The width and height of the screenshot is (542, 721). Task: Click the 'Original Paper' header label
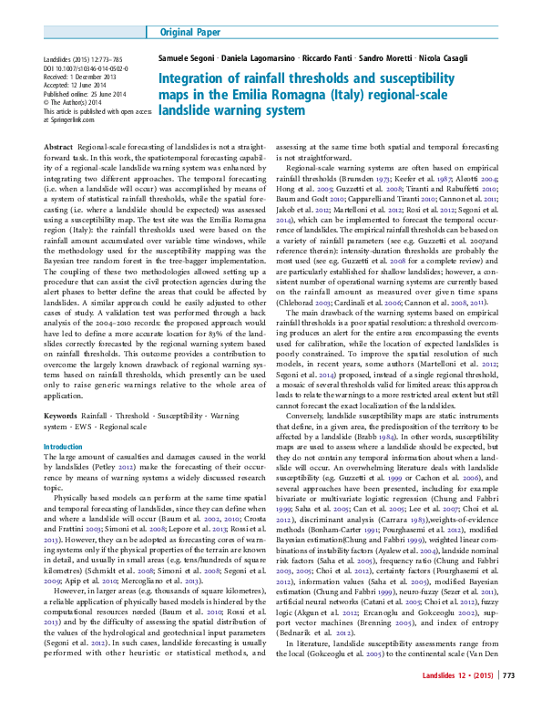pyautogui.click(x=189, y=32)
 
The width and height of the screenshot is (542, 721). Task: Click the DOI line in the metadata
pyautogui.click(x=88, y=68)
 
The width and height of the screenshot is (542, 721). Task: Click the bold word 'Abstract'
pyautogui.click(x=58, y=147)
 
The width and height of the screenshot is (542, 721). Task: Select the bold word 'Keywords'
pyautogui.click(x=61, y=414)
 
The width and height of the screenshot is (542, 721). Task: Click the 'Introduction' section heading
pyautogui.click(x=63, y=446)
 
